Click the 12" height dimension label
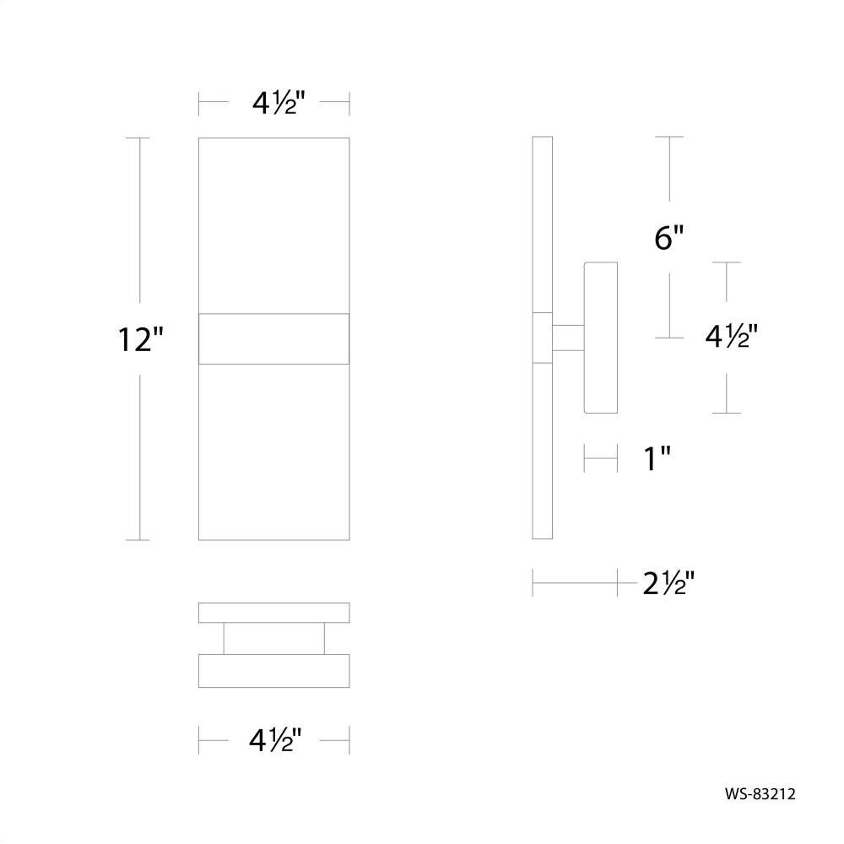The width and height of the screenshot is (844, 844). [140, 339]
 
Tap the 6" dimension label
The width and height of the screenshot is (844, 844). [669, 237]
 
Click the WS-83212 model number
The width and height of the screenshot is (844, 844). [760, 794]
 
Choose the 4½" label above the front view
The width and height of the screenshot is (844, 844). [279, 102]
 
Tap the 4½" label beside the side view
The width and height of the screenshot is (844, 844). [732, 338]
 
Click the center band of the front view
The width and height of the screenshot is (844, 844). [274, 338]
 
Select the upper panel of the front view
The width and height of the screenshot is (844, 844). [274, 225]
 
